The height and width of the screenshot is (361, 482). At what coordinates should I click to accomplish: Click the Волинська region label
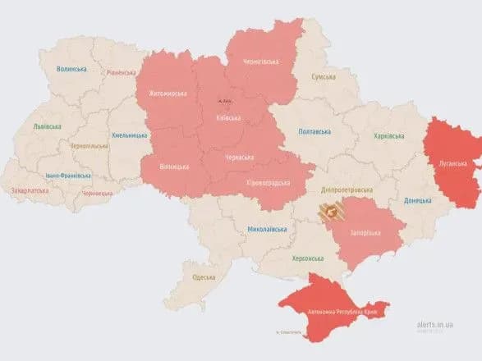point(71,69)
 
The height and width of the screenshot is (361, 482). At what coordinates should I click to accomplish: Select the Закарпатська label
point(30,190)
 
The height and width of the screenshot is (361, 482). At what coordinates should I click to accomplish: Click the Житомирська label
point(168,93)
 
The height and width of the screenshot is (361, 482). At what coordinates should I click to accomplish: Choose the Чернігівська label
point(260,62)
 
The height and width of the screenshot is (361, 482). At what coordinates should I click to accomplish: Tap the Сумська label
point(324,76)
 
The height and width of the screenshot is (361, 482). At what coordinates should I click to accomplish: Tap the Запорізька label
point(367,233)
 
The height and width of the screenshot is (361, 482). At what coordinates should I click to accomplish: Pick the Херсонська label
point(308,258)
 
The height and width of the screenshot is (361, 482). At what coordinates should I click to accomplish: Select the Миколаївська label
point(268,229)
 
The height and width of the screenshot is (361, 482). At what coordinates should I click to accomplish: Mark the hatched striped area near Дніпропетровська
point(332,215)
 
